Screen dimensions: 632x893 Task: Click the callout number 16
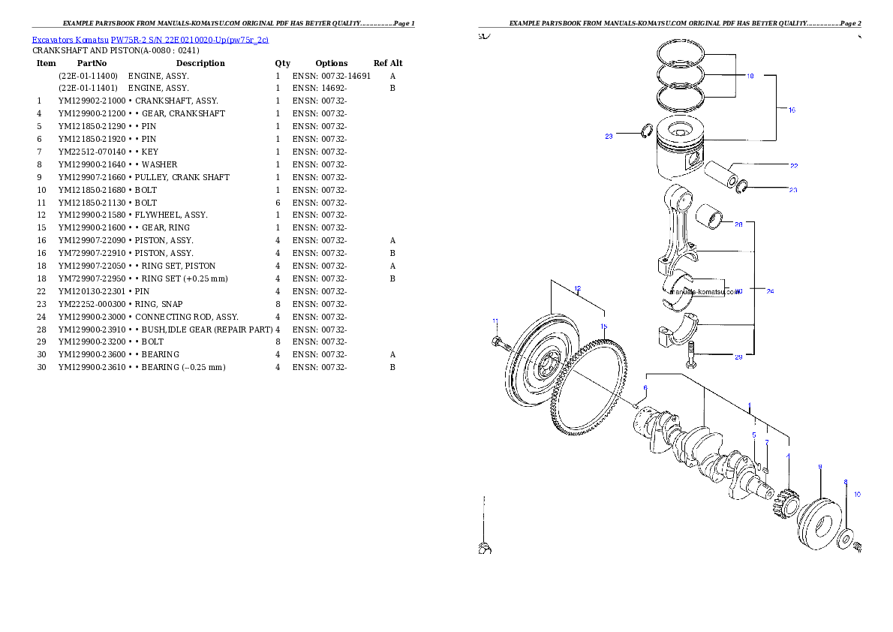[792, 110]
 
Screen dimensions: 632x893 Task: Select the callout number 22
[793, 165]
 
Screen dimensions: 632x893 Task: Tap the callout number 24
[770, 291]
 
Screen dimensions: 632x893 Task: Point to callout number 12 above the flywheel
[577, 288]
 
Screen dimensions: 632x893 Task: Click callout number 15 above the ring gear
[604, 327]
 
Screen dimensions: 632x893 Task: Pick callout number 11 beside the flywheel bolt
[495, 321]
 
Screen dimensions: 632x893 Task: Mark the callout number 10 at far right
[857, 495]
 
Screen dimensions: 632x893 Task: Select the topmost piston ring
[681, 53]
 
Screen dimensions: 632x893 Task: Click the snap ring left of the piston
[645, 132]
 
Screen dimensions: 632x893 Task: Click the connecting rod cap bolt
[691, 354]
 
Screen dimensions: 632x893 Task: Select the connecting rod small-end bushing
[709, 218]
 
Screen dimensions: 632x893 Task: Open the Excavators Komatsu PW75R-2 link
[150, 40]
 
